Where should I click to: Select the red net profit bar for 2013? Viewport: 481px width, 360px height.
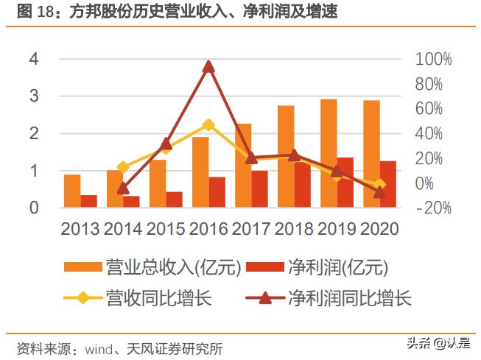coord(88,201)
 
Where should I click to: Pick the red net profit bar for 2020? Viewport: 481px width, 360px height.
coord(387,184)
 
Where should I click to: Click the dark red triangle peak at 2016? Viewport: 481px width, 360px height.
coord(208,67)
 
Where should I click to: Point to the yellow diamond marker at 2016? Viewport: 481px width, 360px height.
coord(208,125)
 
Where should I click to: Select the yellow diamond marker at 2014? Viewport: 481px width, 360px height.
coord(123,167)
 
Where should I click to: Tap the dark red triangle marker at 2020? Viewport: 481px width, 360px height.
coord(379,192)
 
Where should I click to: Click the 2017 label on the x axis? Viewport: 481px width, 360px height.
coord(251,229)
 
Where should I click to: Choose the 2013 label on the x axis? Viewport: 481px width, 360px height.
coord(80,229)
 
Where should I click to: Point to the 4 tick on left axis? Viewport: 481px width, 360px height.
coord(33,60)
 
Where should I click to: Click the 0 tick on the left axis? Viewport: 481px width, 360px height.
coord(33,208)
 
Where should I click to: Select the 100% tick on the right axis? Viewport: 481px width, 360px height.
coord(434,60)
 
